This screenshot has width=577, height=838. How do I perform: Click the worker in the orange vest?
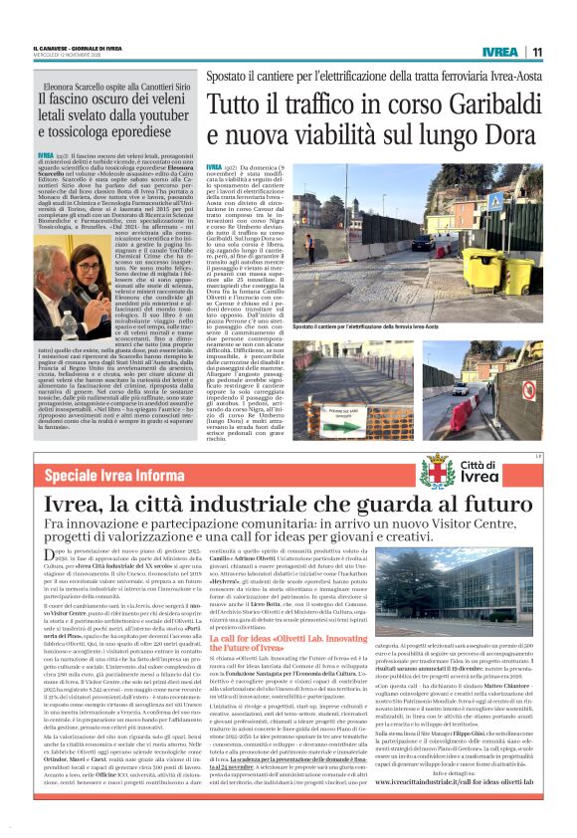(311, 245)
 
